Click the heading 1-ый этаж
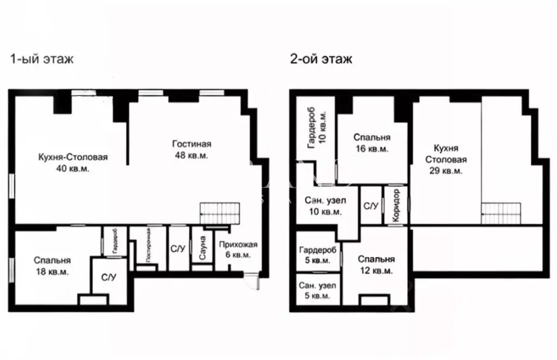[41, 59]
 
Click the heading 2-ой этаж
[321, 59]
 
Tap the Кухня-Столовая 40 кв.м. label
[72, 163]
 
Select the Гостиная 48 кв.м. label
[192, 150]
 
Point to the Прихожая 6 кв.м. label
[239, 249]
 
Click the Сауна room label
[201, 248]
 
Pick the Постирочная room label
[147, 246]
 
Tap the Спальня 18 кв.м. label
[52, 266]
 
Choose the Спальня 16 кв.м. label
[371, 143]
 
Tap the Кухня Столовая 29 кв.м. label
[446, 160]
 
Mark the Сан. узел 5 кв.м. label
[317, 291]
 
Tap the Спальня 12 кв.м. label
[376, 265]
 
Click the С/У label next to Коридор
[371, 206]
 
